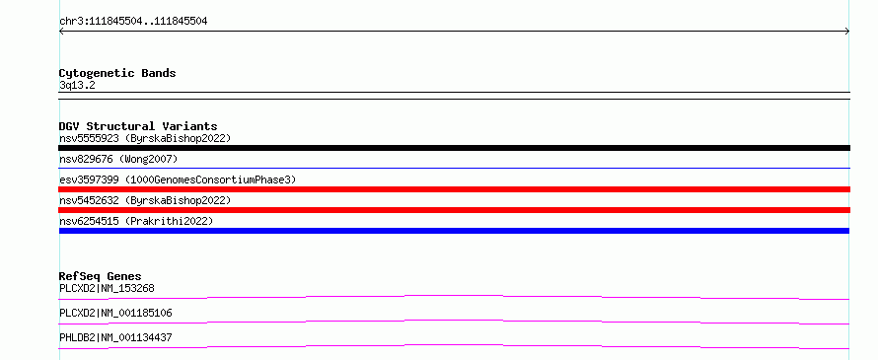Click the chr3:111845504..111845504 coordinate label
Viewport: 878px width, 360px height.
pyautogui.click(x=133, y=22)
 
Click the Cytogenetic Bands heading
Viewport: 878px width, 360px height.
pyautogui.click(x=117, y=73)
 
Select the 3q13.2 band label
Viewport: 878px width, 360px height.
pyautogui.click(x=77, y=85)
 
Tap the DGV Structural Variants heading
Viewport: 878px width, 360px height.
pyautogui.click(x=138, y=126)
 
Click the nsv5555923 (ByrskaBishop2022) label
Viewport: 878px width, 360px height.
pyautogui.click(x=145, y=138)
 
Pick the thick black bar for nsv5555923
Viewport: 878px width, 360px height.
pyautogui.click(x=454, y=148)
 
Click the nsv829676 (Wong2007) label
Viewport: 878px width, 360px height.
pyautogui.click(x=118, y=160)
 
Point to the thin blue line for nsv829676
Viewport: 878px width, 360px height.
pyautogui.click(x=454, y=168)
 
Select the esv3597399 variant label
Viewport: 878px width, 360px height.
pyautogui.click(x=178, y=180)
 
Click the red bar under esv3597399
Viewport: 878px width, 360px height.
pyautogui.click(x=454, y=189)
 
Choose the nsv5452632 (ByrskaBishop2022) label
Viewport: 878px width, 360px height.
pyautogui.click(x=145, y=200)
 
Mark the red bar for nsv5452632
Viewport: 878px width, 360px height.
pyautogui.click(x=454, y=210)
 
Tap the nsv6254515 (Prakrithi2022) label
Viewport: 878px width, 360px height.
pyautogui.click(x=136, y=221)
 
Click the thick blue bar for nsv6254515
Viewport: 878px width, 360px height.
pyautogui.click(x=454, y=231)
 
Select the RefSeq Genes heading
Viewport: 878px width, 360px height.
pyautogui.click(x=100, y=276)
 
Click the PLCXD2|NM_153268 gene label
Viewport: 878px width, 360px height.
pyautogui.click(x=107, y=289)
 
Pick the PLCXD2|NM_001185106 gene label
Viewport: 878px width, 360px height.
pyautogui.click(x=115, y=313)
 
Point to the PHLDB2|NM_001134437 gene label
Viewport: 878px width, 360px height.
pyautogui.click(x=115, y=337)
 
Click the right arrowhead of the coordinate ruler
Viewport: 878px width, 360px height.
pyautogui.click(x=848, y=32)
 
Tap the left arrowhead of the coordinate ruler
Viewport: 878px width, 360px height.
pyautogui.click(x=60, y=32)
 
